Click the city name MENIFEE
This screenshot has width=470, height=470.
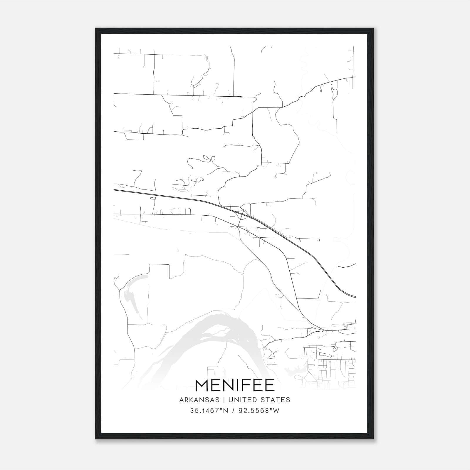point(235,385)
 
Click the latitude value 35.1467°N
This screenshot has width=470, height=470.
point(209,411)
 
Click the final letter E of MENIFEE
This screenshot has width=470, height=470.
point(270,385)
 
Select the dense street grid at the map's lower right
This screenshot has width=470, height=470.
point(329,367)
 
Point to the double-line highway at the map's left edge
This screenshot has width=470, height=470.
point(117,190)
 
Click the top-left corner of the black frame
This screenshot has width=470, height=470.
point(96,28)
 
